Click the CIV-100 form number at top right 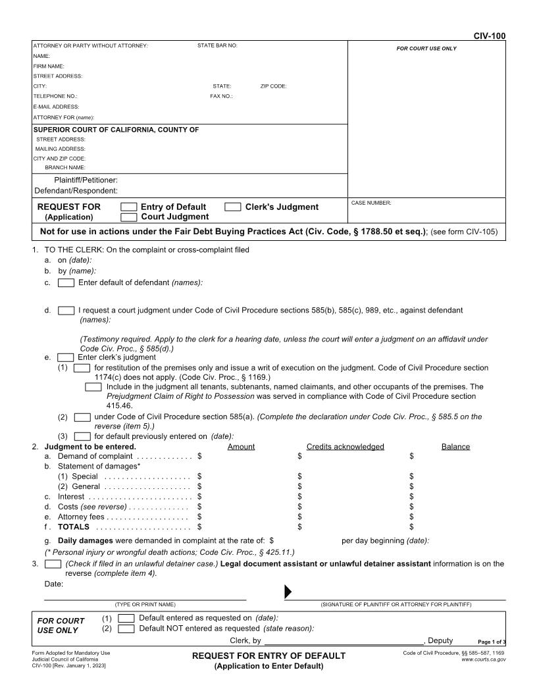tap(490, 36)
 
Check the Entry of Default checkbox tap(130, 207)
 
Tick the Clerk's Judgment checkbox tap(233, 207)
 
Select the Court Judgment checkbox tap(130, 217)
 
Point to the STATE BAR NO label tap(217, 45)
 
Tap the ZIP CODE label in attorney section tap(273, 86)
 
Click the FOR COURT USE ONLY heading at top tap(426, 49)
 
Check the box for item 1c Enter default tap(66, 283)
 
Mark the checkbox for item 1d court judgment tap(66, 310)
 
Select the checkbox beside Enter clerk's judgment tap(66, 357)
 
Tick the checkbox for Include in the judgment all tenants tap(93, 387)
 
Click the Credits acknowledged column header tap(345, 447)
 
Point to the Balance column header tap(455, 447)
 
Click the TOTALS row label tap(73, 527)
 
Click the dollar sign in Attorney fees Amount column tap(199, 517)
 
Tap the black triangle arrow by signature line tap(288, 592)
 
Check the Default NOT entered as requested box tap(126, 629)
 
